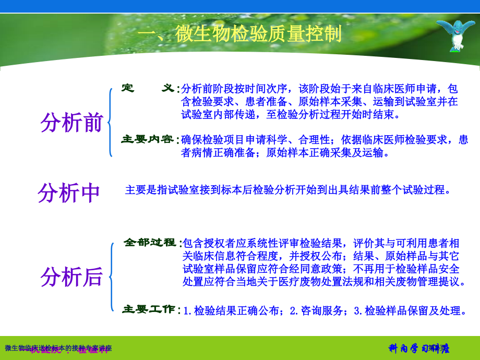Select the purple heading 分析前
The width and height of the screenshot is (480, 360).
[x=72, y=122]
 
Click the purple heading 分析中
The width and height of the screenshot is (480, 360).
[x=69, y=193]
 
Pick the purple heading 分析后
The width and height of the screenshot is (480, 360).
[x=72, y=277]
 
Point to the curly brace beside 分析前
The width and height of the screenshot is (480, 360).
[x=110, y=123]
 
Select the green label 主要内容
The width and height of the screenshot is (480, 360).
[x=148, y=139]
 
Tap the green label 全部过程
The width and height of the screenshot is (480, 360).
[x=150, y=243]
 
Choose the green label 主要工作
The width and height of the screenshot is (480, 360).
[x=149, y=309]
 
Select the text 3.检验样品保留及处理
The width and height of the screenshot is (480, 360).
[x=409, y=311]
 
